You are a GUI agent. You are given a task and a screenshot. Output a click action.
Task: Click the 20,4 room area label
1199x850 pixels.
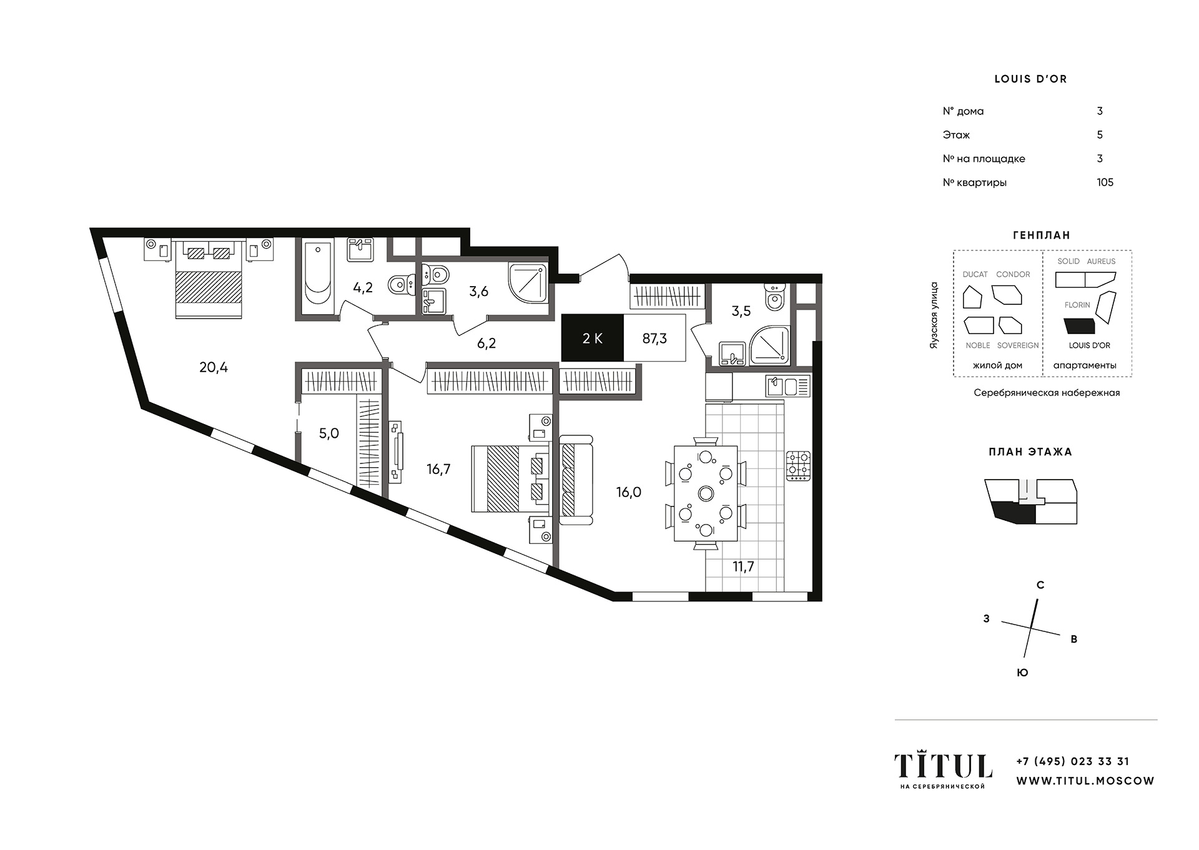coord(214,367)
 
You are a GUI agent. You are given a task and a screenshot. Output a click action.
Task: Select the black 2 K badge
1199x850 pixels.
coord(593,338)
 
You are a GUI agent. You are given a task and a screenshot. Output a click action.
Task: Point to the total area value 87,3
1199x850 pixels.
coord(654,339)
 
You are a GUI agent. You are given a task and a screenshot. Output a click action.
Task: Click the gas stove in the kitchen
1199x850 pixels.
coord(798,466)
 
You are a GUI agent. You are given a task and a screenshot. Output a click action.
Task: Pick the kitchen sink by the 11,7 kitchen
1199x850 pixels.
coord(788,386)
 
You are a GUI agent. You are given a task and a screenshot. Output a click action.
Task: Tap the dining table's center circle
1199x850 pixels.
coord(706,493)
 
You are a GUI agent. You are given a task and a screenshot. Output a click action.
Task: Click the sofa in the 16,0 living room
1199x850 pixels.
coord(575,480)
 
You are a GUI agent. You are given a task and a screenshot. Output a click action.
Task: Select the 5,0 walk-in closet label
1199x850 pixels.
coord(329,433)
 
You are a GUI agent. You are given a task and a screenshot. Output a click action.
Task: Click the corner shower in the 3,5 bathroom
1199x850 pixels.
coord(770,345)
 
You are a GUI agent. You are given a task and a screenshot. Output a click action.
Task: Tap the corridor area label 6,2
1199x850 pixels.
coord(486,343)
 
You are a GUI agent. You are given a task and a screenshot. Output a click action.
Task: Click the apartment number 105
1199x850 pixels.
coord(1105,182)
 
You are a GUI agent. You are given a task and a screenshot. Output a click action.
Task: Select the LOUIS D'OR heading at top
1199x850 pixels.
coord(1030,79)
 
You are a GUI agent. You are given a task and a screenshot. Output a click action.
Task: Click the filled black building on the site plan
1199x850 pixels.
coord(1079,326)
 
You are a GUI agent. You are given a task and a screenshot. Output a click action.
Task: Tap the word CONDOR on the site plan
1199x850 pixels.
coord(1013,274)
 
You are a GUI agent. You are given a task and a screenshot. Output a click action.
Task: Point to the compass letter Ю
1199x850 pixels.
coord(1022,673)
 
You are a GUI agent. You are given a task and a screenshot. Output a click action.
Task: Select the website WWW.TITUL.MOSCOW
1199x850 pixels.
coord(1085,781)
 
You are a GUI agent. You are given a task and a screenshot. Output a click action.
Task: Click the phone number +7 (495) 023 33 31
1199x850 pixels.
coord(1073,761)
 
